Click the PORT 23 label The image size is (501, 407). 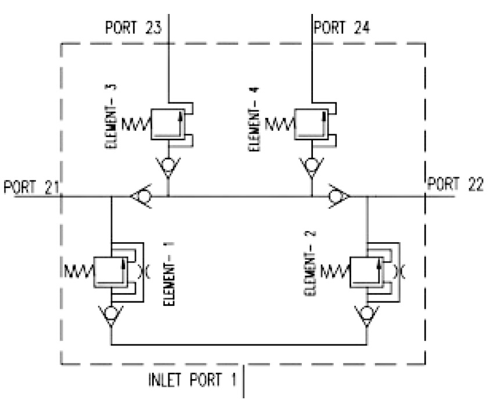click(x=134, y=27)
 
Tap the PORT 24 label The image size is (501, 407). click(x=342, y=27)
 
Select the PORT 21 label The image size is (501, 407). click(x=31, y=187)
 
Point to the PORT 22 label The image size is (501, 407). click(x=455, y=184)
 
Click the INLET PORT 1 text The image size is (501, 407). click(x=193, y=380)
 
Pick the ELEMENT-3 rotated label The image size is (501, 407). click(x=111, y=116)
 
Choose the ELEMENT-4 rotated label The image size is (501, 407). click(x=254, y=119)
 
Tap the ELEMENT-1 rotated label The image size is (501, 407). click(x=169, y=274)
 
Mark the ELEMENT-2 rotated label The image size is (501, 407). click(x=310, y=263)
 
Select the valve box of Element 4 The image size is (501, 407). click(x=311, y=124)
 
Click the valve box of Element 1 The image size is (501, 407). click(x=110, y=272)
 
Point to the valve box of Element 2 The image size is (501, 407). click(x=367, y=272)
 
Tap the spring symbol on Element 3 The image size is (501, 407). click(x=136, y=124)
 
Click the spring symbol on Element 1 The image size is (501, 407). click(x=79, y=271)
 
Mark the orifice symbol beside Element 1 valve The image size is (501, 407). click(x=143, y=272)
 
